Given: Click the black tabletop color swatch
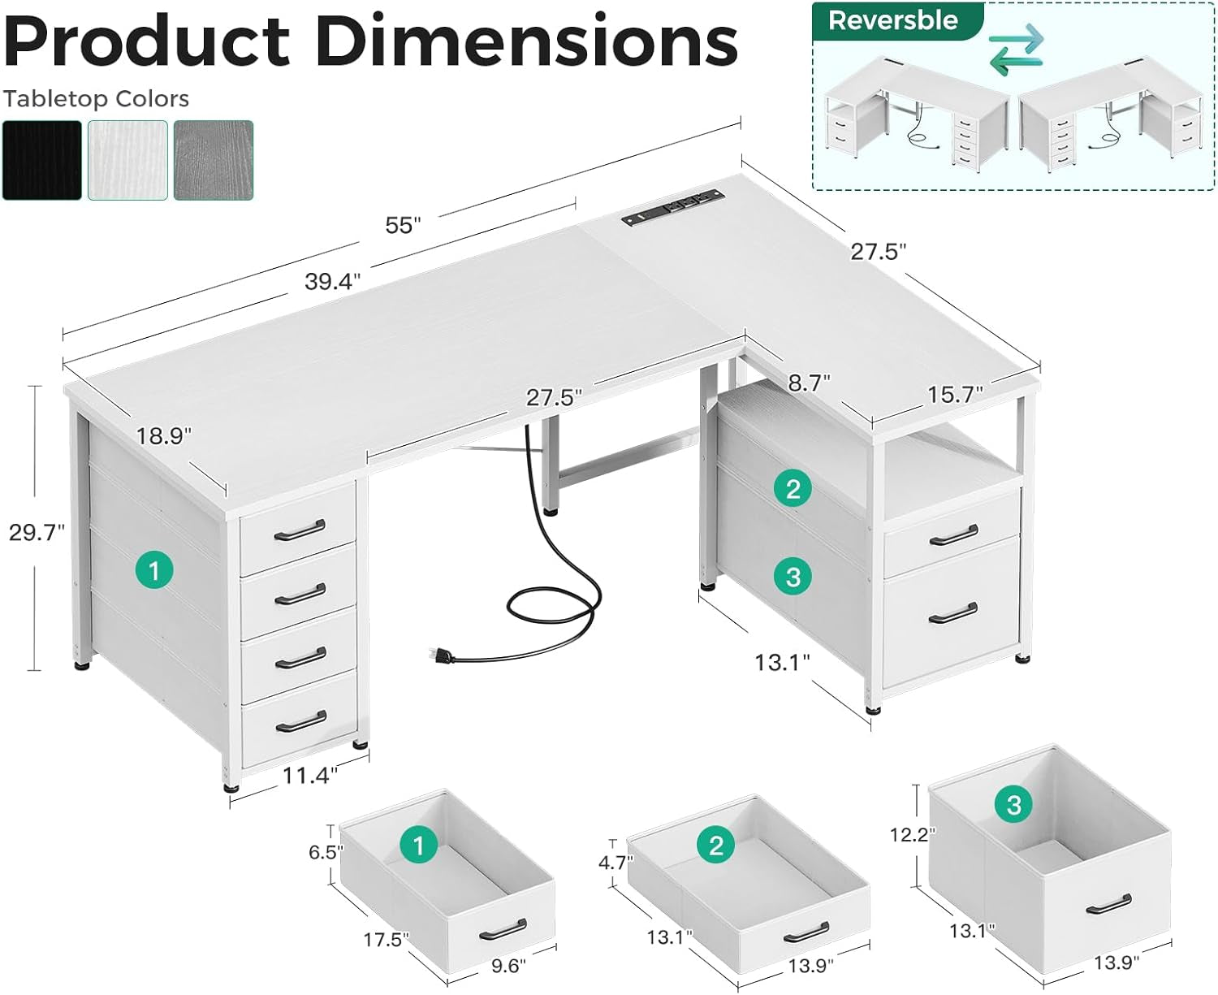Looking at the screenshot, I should click(x=42, y=160).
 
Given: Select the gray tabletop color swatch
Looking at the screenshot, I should click(x=214, y=160).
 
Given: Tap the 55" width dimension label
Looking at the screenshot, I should click(x=404, y=225).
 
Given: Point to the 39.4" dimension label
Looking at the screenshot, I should click(x=332, y=282).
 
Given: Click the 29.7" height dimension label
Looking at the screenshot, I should click(x=37, y=533).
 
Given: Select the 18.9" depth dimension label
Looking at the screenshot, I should click(x=163, y=436).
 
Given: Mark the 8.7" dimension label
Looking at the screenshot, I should click(x=809, y=383).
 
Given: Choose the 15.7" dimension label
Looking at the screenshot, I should click(x=955, y=395).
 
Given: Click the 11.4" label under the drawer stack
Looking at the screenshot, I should click(x=309, y=776).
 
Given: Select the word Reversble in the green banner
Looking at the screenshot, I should click(x=892, y=20).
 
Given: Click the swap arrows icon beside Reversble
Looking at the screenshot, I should click(x=1016, y=49).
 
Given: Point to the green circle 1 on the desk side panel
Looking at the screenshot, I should click(x=154, y=570).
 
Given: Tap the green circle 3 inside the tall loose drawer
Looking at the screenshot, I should click(x=1013, y=805).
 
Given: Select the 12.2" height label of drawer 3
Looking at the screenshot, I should click(x=913, y=834).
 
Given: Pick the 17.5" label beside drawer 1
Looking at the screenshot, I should click(x=386, y=940).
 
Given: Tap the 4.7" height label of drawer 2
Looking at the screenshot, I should click(x=615, y=862).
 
